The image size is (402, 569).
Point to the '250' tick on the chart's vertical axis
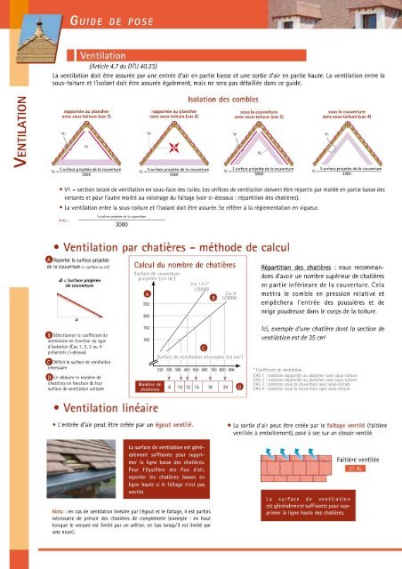(x=145, y=303)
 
